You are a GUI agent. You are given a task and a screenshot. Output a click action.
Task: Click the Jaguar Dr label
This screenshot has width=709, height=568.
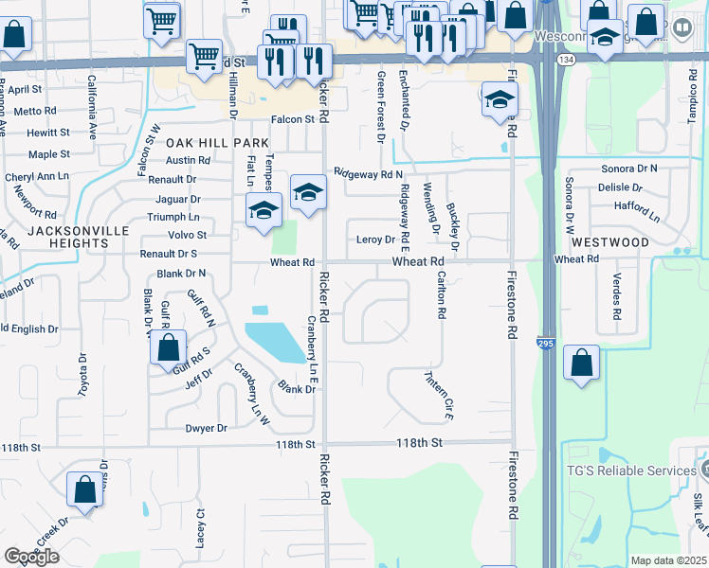[181, 199]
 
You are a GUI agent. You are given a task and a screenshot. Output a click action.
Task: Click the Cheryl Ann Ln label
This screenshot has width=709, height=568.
[37, 177]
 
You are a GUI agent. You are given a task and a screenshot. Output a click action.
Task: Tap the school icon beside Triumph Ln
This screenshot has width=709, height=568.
[264, 210]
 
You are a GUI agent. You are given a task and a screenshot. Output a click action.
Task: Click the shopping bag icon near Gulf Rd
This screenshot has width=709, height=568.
[168, 347]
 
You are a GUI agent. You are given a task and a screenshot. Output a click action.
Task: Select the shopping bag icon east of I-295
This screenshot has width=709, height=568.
[581, 363]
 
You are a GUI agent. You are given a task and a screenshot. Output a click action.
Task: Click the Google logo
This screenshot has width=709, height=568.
[31, 557]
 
